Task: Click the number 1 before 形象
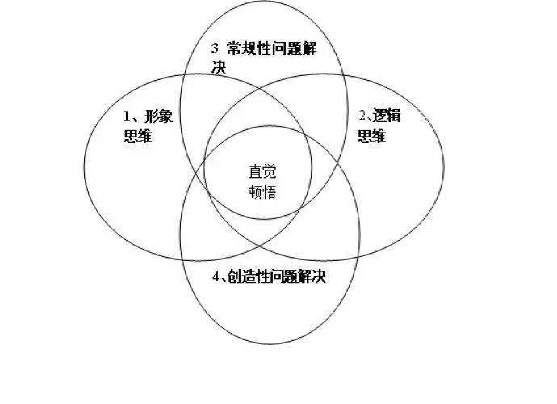coord(127,116)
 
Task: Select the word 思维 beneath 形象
coord(137,137)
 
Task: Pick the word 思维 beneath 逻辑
coord(372,136)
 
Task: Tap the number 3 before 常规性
coord(216,48)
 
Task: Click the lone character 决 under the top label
coord(219,68)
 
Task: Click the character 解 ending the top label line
coord(309,48)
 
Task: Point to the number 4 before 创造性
coord(216,276)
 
